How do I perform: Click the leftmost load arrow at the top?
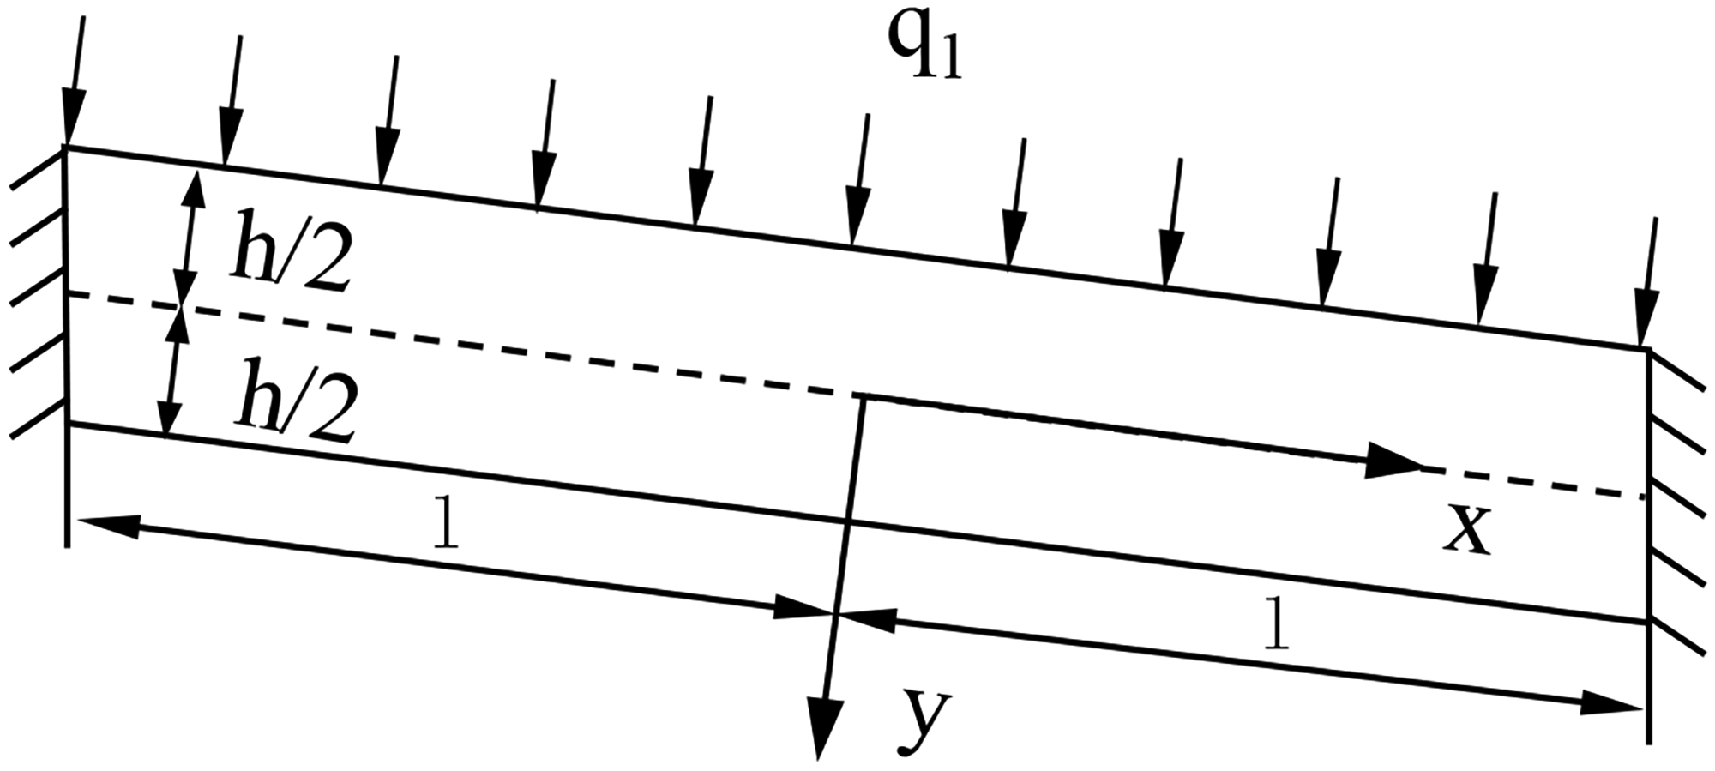pyautogui.click(x=75, y=82)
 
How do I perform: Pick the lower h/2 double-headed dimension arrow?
pyautogui.click(x=172, y=372)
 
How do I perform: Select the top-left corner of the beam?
pyautogui.click(x=68, y=149)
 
